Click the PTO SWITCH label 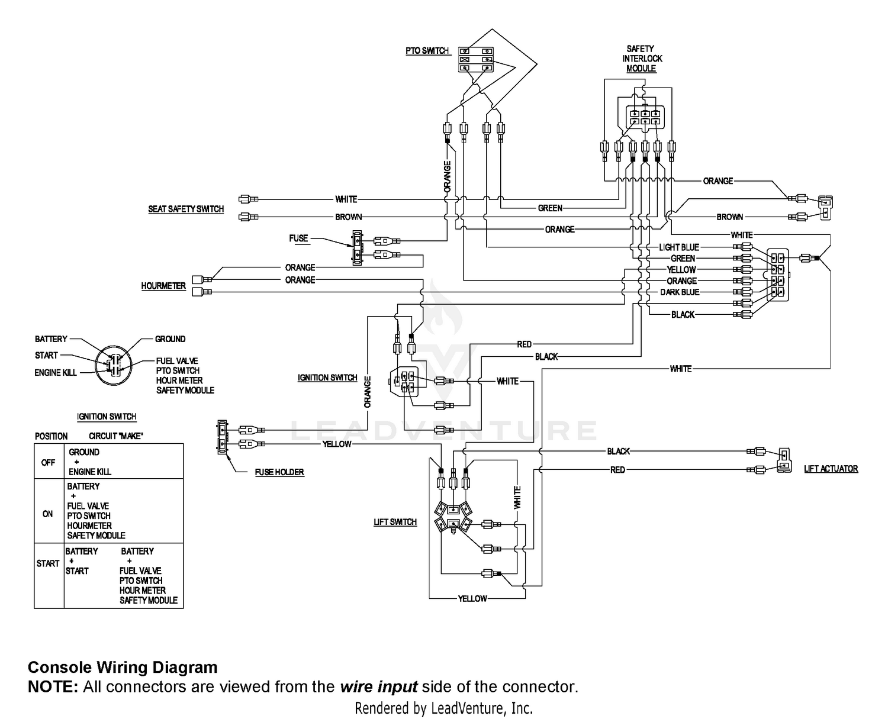click(x=427, y=51)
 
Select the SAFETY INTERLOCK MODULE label click(x=642, y=59)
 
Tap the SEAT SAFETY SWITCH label click(x=186, y=209)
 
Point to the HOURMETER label click(x=163, y=286)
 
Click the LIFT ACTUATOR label click(x=831, y=469)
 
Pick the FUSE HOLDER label click(x=279, y=472)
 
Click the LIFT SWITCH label click(x=395, y=522)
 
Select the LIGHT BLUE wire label click(x=679, y=247)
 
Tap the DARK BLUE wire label click(x=680, y=292)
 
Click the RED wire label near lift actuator click(x=617, y=470)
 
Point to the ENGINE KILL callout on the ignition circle click(x=56, y=373)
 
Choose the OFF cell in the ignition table click(x=48, y=462)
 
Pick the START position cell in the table click(x=48, y=563)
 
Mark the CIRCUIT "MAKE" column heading click(x=116, y=436)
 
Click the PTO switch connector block click(x=477, y=60)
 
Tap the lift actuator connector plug click(x=784, y=460)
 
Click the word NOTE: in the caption click(x=53, y=687)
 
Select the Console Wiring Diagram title click(x=123, y=668)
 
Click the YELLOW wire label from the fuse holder click(x=336, y=444)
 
